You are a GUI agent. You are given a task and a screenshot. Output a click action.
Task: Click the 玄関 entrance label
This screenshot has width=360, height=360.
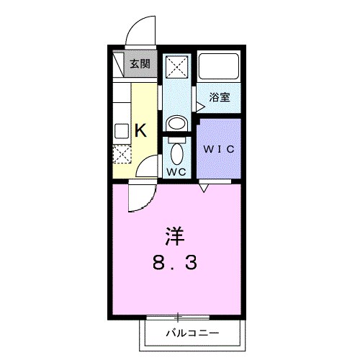[140, 63]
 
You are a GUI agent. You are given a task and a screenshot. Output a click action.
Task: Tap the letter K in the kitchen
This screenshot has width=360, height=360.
[141, 130]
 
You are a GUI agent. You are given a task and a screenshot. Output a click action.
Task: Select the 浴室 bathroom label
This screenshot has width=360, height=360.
[220, 96]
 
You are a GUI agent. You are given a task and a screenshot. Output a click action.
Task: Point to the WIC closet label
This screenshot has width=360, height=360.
[219, 150]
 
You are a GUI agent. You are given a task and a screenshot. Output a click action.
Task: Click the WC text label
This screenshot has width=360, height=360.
[177, 172]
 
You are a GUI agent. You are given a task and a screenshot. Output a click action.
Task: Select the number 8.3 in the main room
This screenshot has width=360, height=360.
[175, 263]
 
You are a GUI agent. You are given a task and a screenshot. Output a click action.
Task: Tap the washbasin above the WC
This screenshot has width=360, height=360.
[177, 122]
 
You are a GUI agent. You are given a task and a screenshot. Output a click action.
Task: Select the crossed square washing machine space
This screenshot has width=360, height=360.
[177, 68]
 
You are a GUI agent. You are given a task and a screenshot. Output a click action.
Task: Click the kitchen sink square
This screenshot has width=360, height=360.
[121, 131]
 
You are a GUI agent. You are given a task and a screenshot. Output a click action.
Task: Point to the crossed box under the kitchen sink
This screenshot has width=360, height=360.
[122, 153]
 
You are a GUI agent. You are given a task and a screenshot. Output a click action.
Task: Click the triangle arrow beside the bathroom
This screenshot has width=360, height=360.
[200, 105]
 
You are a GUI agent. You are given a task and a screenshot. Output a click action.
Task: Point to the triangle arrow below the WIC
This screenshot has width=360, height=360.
[206, 188]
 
